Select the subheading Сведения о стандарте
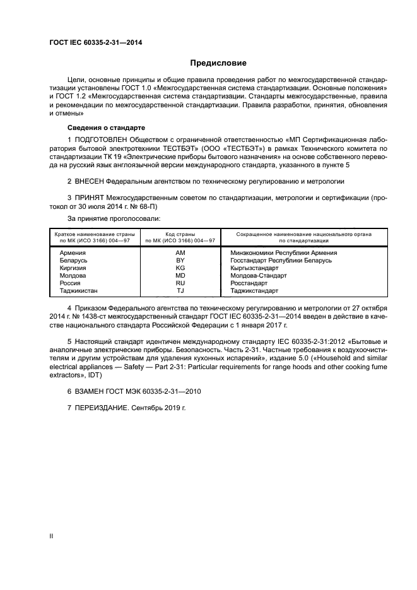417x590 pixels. pos(93,127)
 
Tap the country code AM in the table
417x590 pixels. pos(180,252)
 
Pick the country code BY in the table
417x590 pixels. pos(180,260)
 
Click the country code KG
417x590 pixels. pos(180,268)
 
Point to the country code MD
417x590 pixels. pos(180,276)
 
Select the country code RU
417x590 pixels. pos(180,283)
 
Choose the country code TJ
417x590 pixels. pos(180,291)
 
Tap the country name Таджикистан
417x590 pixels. pos(79,291)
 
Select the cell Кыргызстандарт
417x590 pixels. pos(254,268)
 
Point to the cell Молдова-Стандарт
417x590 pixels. pos(258,276)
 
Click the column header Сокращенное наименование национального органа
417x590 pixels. pos(303,234)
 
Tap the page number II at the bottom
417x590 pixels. pos(52,535)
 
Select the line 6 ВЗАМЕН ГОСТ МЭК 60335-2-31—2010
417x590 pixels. pos(134,391)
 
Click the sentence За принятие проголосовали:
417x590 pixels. pos(106,218)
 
